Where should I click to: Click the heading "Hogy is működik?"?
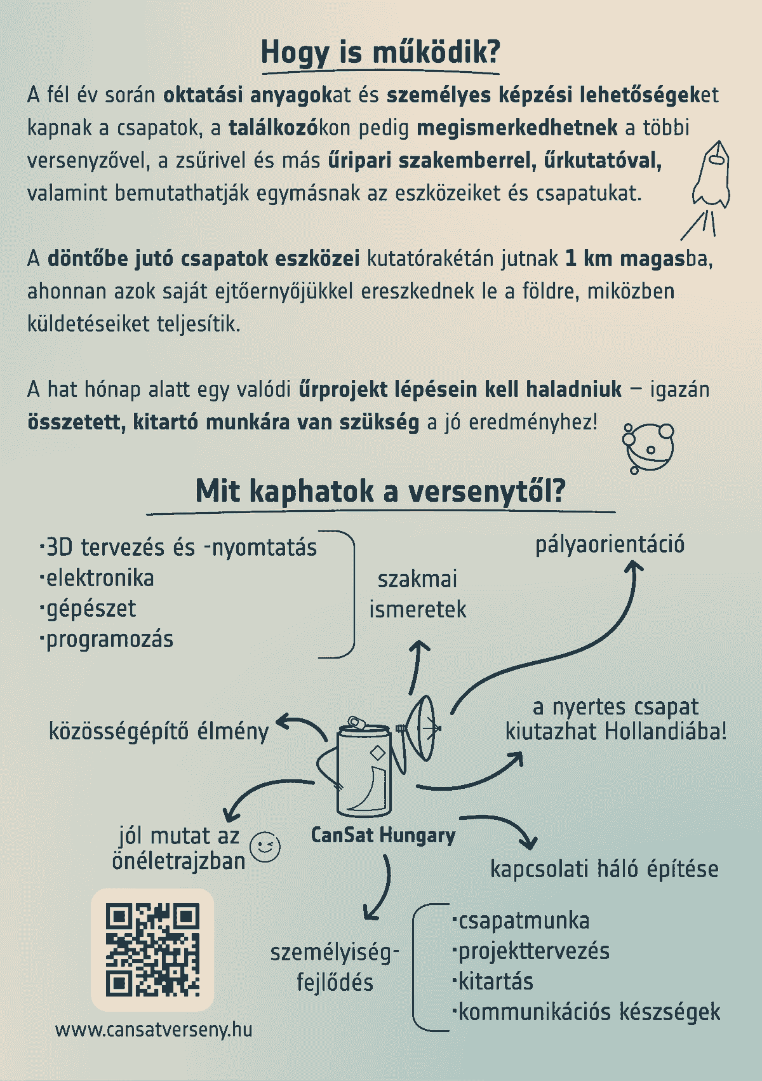click(380, 52)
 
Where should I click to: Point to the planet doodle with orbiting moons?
click(648, 447)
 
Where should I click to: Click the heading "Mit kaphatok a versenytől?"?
click(380, 491)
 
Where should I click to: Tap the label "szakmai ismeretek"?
click(417, 594)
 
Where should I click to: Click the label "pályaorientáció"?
click(610, 544)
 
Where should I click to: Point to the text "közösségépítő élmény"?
click(159, 731)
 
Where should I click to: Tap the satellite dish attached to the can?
click(422, 727)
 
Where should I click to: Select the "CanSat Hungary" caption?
click(383, 835)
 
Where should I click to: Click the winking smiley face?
click(265, 847)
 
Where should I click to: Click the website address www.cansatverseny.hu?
click(154, 1029)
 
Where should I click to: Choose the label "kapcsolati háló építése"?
click(604, 869)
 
